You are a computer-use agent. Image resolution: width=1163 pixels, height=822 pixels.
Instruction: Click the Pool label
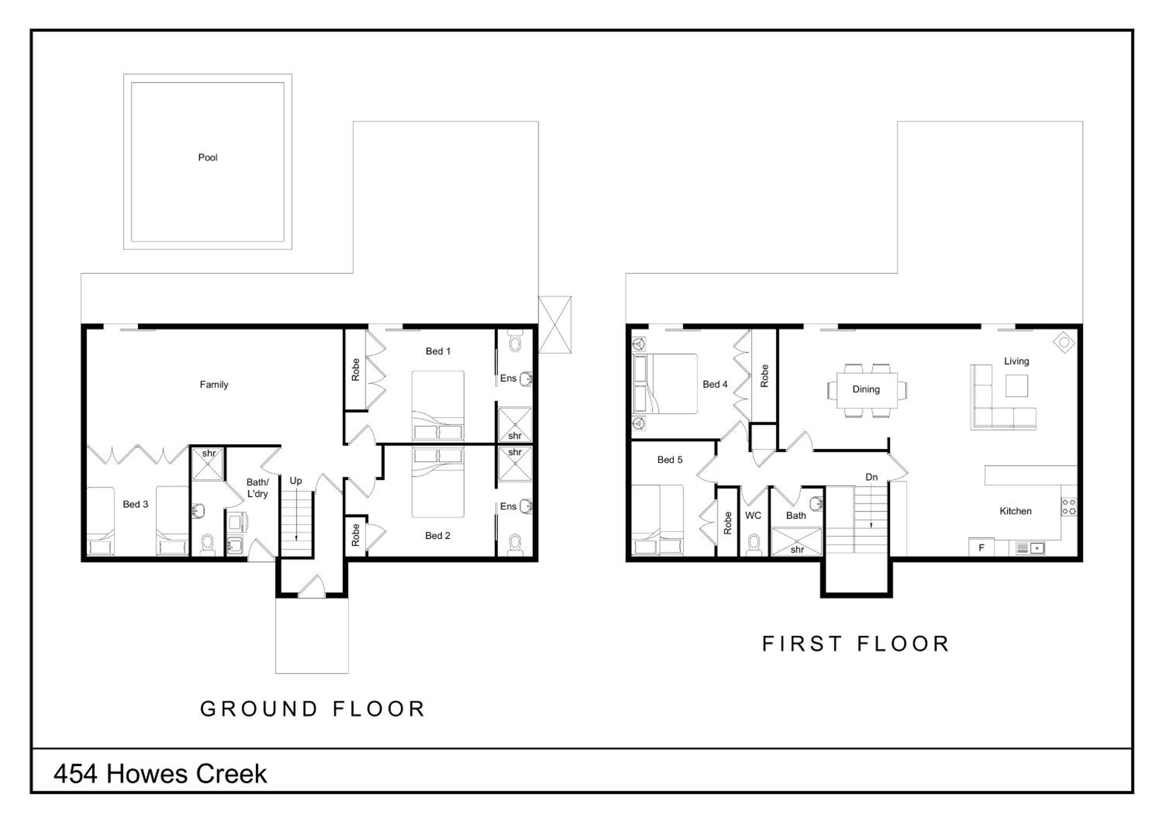point(208,157)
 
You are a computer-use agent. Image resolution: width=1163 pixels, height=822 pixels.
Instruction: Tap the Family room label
point(214,384)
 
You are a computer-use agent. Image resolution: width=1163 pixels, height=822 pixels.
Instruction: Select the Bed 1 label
point(438,351)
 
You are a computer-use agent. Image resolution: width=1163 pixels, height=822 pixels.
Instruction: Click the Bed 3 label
point(135,504)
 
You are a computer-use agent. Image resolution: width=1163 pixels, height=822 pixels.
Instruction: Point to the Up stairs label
point(296,481)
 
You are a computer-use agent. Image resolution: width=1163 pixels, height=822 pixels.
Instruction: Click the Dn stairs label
point(871,477)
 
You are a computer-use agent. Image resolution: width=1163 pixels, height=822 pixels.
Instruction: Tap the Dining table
point(867,390)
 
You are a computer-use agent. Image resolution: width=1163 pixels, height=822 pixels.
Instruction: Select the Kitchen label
point(1015,511)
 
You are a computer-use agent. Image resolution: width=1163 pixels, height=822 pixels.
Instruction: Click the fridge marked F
point(981,547)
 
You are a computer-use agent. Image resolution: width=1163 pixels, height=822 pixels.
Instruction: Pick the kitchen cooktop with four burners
point(1069,507)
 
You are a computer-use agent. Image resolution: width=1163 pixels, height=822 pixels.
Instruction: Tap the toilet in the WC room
point(754,544)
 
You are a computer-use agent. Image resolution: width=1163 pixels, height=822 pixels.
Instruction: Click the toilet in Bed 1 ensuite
point(515,341)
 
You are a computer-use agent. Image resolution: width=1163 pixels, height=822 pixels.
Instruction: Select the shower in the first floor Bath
point(796,541)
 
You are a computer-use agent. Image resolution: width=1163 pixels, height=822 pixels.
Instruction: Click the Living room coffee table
point(1016,385)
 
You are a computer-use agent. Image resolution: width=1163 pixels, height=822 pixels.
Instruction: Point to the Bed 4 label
point(715,384)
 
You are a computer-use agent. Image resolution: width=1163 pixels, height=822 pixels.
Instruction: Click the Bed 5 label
point(670,460)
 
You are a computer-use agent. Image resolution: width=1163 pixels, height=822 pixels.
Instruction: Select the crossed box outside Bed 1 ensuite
point(555,325)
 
